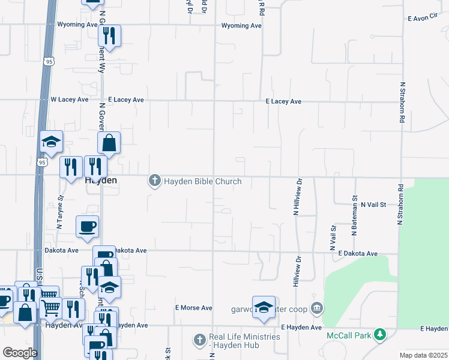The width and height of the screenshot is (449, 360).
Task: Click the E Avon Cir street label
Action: click(424, 19)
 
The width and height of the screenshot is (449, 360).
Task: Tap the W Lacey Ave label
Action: click(70, 100)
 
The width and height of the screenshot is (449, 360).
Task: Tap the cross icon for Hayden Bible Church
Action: click(155, 180)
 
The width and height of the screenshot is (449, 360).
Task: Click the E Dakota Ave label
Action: click(358, 254)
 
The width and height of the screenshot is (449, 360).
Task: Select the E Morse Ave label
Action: click(194, 308)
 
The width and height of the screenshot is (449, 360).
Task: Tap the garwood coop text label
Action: click(270, 310)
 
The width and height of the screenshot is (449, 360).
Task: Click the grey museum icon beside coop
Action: click(318, 310)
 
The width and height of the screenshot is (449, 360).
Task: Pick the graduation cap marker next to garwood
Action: click(264, 307)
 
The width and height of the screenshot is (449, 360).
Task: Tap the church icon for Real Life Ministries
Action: click(200, 340)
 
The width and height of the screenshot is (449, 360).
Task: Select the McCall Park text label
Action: click(348, 335)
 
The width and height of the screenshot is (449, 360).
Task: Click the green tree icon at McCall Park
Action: click(379, 334)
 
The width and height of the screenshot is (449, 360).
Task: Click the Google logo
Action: click(20, 353)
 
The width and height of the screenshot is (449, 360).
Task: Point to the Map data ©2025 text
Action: click(424, 355)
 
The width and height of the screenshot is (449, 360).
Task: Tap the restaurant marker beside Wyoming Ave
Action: click(110, 36)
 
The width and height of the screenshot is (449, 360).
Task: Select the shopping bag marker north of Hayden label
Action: click(109, 143)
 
